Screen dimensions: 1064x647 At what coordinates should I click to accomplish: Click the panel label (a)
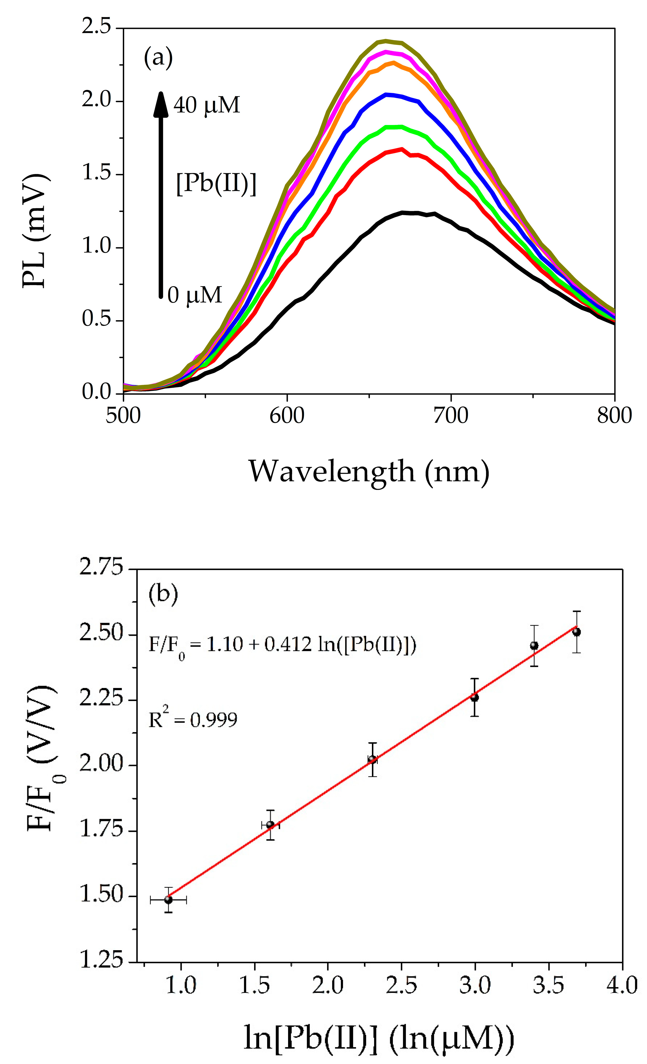[x=158, y=57]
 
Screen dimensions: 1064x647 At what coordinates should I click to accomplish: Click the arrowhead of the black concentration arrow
[x=160, y=104]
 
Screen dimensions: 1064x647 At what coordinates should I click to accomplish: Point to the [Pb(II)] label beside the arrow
[x=216, y=184]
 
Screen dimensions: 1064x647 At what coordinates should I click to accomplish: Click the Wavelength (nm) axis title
[x=369, y=472]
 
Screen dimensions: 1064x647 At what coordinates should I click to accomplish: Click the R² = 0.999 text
[x=193, y=720]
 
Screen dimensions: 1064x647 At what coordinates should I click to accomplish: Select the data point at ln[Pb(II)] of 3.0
[x=474, y=697]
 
